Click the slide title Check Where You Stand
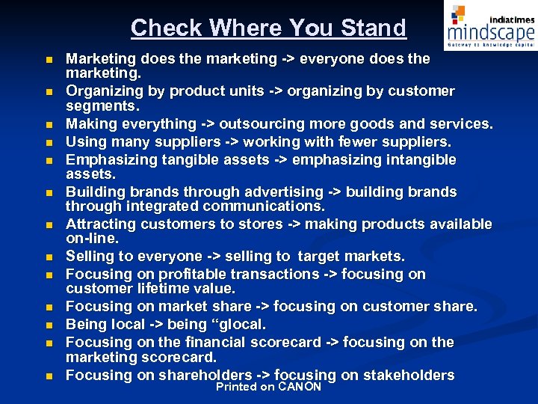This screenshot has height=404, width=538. pos(268,28)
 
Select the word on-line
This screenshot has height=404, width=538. pos(92,238)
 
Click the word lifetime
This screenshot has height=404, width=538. pos(161,288)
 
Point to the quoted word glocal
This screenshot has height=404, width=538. pos(238,325)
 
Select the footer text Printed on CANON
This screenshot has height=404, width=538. pos(268,387)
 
